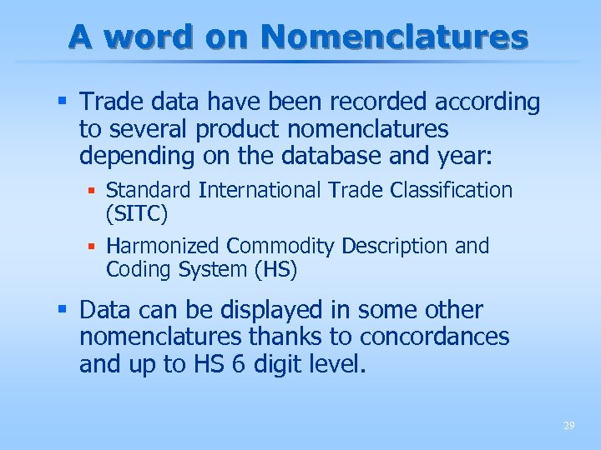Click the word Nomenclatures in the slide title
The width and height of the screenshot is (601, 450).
point(394,37)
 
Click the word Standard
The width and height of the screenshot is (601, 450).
point(150,190)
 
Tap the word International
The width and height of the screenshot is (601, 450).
point(261,190)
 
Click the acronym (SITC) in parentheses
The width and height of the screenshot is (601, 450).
point(137,214)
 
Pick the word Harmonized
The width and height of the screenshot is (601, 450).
point(164,247)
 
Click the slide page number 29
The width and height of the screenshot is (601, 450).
point(568,426)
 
